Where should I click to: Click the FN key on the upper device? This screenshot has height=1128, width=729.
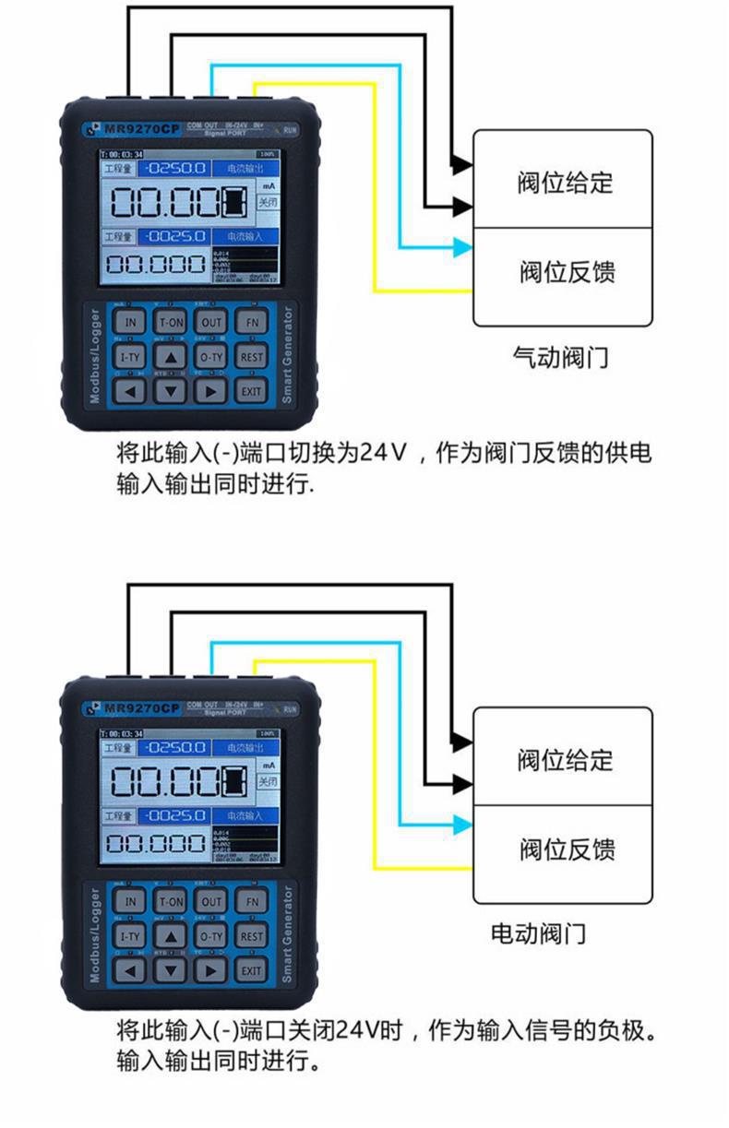pyautogui.click(x=251, y=322)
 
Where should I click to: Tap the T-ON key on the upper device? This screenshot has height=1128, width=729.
pyautogui.click(x=170, y=322)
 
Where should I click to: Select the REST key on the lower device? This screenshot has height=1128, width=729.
pyautogui.click(x=251, y=935)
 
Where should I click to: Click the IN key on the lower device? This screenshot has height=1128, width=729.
pyautogui.click(x=130, y=901)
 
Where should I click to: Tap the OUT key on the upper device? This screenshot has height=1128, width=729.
pyautogui.click(x=211, y=322)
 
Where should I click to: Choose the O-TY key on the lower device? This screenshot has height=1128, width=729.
pyautogui.click(x=211, y=935)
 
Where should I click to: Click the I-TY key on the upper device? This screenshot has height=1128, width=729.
pyautogui.click(x=130, y=357)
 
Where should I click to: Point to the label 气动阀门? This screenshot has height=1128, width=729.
pyautogui.click(x=560, y=357)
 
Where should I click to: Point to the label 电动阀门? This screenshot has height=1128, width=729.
pyautogui.click(x=538, y=933)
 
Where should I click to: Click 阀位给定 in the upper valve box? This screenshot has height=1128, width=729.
pyautogui.click(x=564, y=182)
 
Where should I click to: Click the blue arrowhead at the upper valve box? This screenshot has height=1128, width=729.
pyautogui.click(x=462, y=247)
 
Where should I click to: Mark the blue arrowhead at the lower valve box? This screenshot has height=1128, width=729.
pyautogui.click(x=462, y=825)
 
